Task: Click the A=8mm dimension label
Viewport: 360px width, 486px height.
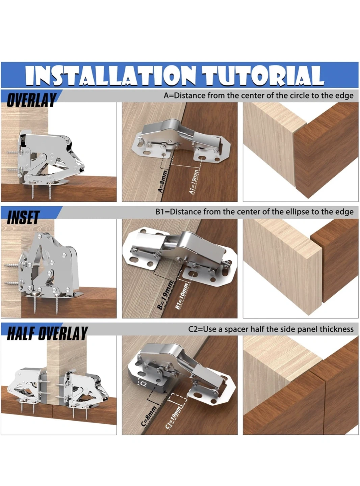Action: click(163, 181)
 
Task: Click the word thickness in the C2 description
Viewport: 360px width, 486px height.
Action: click(336, 329)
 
